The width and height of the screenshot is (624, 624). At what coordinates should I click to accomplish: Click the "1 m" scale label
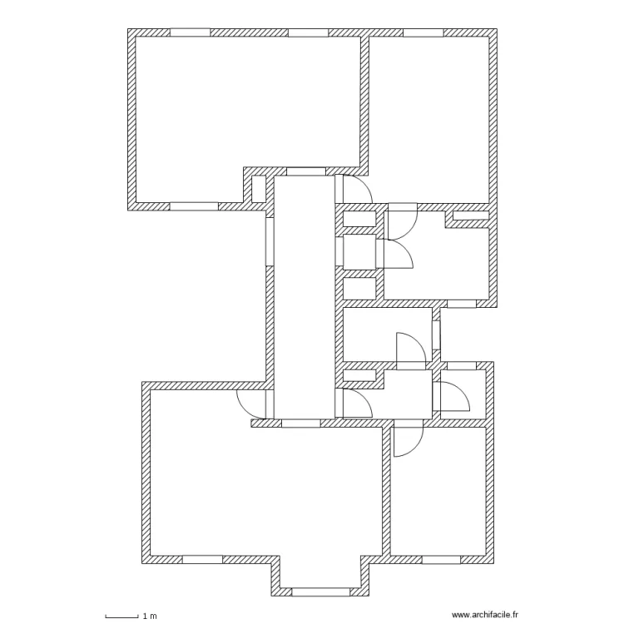point(150,616)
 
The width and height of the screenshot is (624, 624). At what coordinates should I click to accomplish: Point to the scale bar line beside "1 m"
point(121,617)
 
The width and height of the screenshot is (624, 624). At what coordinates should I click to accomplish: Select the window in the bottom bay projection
point(320,592)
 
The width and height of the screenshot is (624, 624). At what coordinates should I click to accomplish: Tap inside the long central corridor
point(305,300)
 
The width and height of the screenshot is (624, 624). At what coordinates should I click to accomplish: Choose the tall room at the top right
point(428,116)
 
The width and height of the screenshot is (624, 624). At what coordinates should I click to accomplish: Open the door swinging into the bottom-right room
point(409,439)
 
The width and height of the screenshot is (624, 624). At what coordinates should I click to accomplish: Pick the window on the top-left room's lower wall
point(194,206)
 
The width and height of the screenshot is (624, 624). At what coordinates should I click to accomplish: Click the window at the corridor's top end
point(305,171)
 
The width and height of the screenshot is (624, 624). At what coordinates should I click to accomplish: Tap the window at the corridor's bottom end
point(300,423)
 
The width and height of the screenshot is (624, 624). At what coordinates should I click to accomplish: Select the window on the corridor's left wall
point(270,241)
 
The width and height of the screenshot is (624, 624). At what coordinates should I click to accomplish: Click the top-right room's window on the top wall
point(423,32)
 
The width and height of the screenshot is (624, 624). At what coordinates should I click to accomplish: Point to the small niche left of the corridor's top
point(258,188)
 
